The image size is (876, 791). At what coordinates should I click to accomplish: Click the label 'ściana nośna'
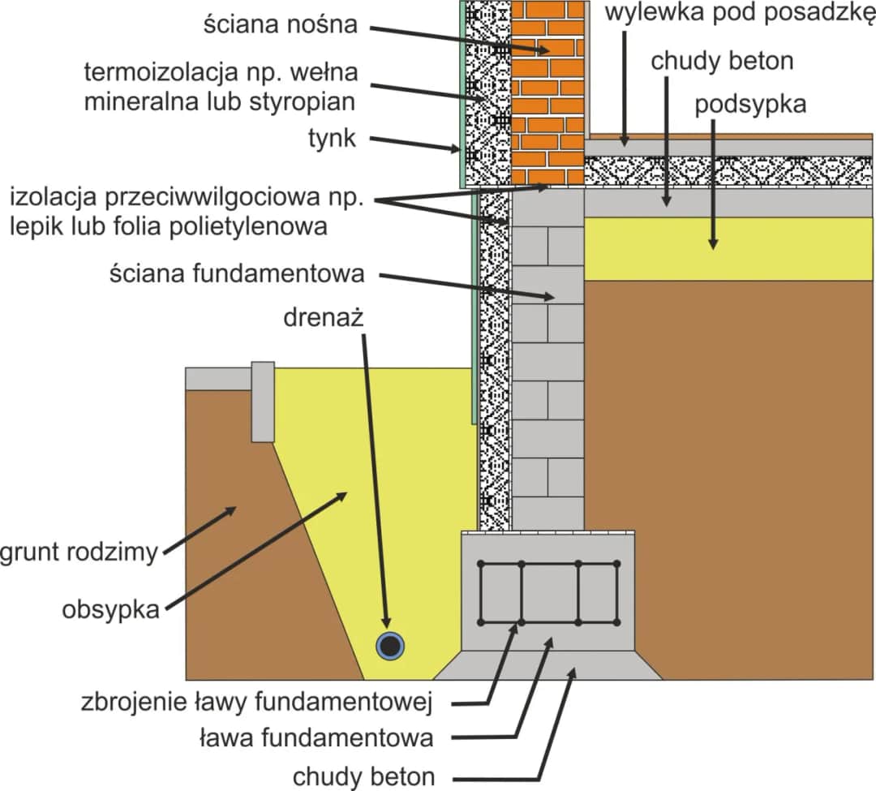tap(280, 25)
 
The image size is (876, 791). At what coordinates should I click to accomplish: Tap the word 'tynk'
tap(331, 139)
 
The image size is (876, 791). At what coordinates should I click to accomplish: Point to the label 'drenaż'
tap(323, 317)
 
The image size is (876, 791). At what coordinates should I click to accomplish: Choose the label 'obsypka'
tap(110, 610)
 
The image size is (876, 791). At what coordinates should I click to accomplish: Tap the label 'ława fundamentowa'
tap(316, 738)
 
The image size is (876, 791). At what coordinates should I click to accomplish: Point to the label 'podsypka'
tap(750, 105)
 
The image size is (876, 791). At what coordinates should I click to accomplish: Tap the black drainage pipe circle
tap(391, 646)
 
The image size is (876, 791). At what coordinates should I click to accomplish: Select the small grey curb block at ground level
tap(263, 402)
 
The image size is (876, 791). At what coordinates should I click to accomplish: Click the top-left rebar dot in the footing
tap(481, 563)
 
